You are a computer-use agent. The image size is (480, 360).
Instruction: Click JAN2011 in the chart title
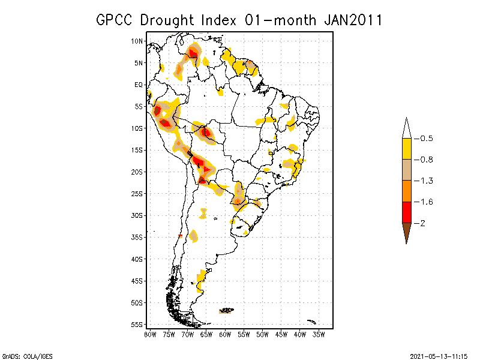[x=353, y=20]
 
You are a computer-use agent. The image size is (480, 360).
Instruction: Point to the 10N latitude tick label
[x=137, y=41]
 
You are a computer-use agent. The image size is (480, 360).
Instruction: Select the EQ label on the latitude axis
[x=139, y=85]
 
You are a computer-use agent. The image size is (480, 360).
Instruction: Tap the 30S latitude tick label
[x=137, y=215]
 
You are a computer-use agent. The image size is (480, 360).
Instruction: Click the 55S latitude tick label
[x=137, y=325]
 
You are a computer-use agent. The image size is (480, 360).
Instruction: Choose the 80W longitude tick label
[x=150, y=334]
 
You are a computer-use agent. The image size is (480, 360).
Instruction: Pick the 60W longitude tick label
[x=225, y=334]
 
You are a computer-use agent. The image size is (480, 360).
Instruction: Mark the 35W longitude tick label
[x=319, y=334]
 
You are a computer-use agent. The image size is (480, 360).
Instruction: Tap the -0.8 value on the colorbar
[x=425, y=160]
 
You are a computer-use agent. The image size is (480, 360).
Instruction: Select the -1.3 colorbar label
[x=425, y=181]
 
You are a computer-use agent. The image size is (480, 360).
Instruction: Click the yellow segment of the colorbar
[x=406, y=149]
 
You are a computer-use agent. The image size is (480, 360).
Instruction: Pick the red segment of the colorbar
[x=406, y=212]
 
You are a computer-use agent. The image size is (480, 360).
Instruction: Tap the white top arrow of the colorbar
[x=406, y=128]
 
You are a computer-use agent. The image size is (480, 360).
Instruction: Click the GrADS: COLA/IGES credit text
[x=27, y=356]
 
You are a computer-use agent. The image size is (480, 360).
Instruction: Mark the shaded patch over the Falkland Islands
[x=226, y=311]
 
